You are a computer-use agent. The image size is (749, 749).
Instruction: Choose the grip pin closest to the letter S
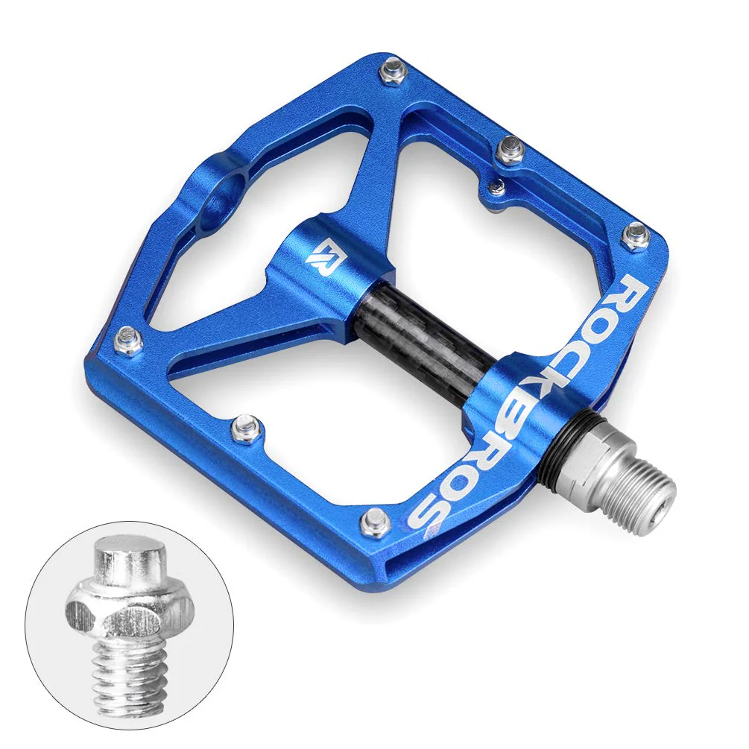pos(376,521)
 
